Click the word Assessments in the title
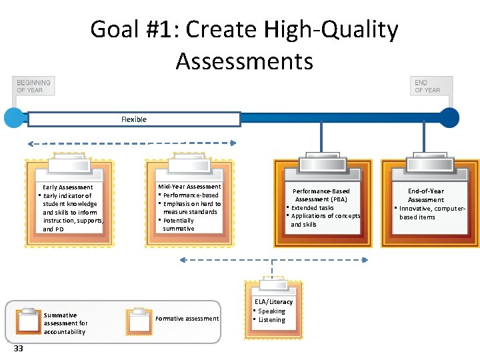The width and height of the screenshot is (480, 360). click(x=244, y=61)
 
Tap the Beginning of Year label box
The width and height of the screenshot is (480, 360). click(x=33, y=87)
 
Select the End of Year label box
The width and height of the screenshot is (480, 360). click(x=431, y=87)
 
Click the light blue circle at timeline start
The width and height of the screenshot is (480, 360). click(x=14, y=117)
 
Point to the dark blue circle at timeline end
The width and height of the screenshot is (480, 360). click(x=449, y=117)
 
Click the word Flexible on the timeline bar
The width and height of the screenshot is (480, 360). click(x=134, y=119)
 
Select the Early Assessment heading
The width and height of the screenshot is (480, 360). click(x=68, y=187)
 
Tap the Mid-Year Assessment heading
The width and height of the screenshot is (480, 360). click(x=189, y=187)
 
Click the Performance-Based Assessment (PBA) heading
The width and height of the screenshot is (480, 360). click(x=321, y=195)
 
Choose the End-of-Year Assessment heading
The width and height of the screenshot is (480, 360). click(x=426, y=195)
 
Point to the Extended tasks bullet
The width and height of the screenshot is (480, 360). click(x=313, y=208)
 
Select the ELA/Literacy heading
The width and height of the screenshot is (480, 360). click(x=273, y=302)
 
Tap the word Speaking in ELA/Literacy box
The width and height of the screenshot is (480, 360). click(x=272, y=311)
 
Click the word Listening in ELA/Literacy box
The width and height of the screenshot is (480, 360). click(x=272, y=320)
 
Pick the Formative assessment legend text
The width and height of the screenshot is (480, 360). click(x=187, y=319)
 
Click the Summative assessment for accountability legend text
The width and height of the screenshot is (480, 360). click(x=65, y=323)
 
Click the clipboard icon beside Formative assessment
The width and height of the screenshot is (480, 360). click(x=139, y=321)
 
